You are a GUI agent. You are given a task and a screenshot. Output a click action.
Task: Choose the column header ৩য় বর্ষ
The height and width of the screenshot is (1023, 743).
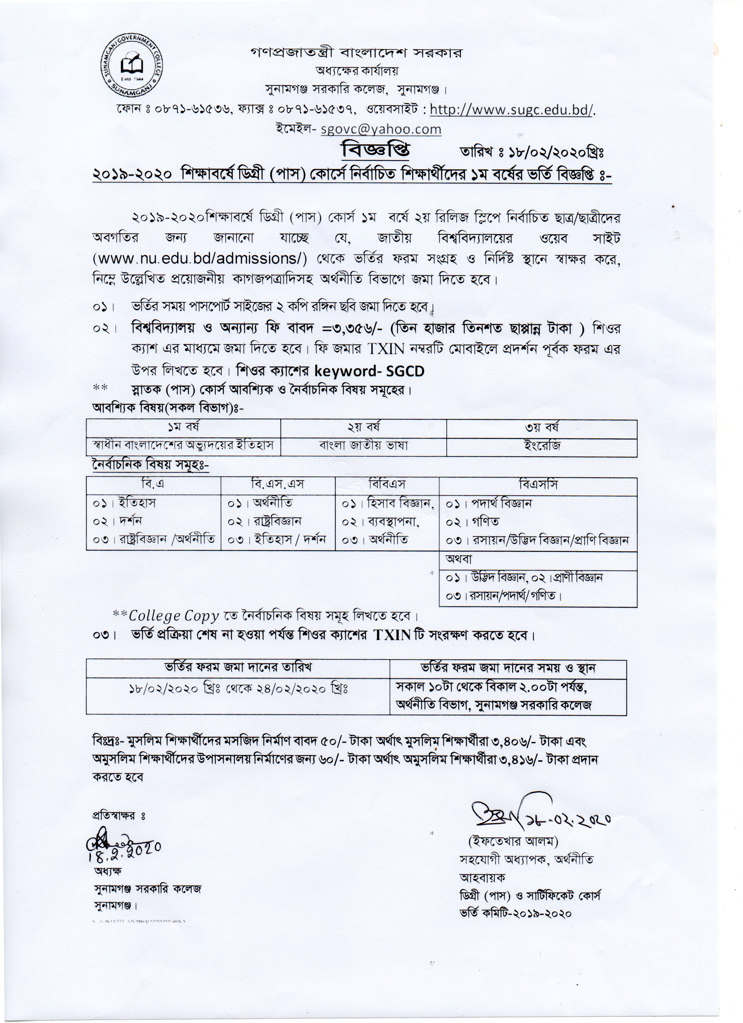[541, 427]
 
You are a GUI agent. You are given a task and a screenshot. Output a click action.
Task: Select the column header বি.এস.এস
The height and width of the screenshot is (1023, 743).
[278, 485]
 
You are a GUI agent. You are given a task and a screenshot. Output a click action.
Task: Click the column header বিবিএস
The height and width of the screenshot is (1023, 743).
[387, 485]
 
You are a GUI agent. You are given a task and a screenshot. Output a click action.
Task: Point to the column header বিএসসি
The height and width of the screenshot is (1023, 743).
[538, 485]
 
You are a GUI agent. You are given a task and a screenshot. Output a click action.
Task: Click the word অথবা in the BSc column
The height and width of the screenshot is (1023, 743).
[459, 559]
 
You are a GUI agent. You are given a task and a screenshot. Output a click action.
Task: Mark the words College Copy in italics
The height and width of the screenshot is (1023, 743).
[174, 616]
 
